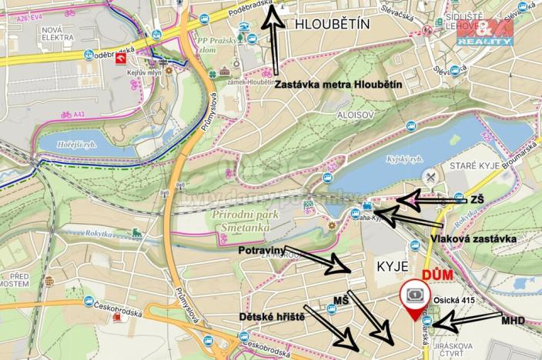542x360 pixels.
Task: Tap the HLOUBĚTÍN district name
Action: click(x=332, y=25)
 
